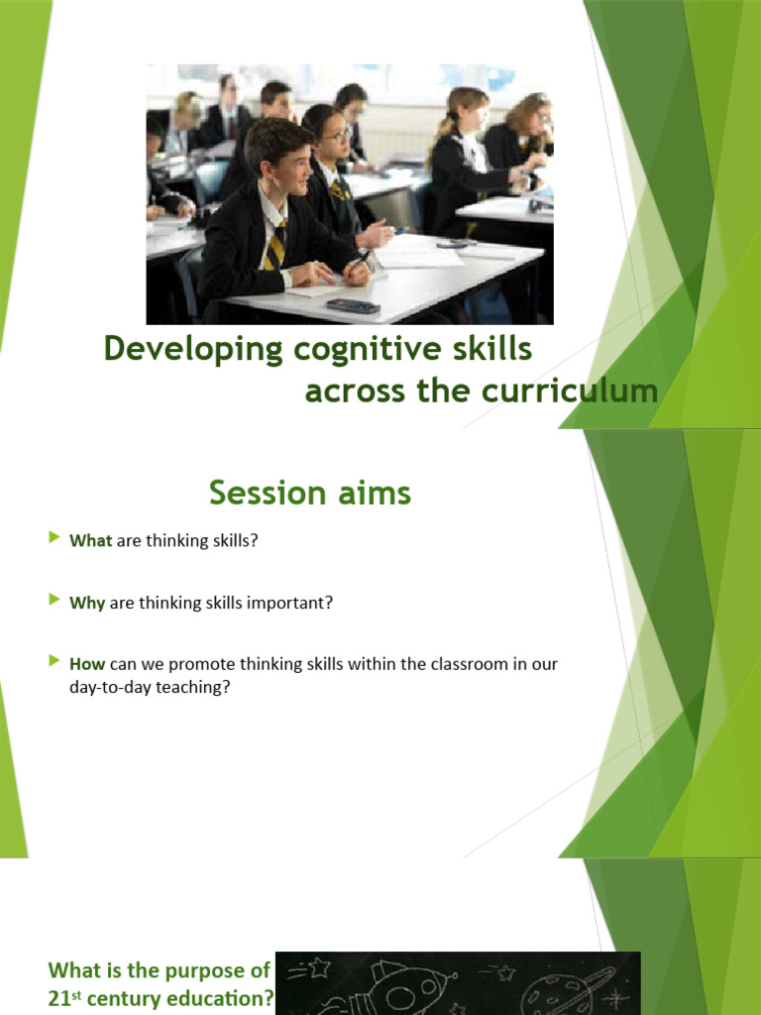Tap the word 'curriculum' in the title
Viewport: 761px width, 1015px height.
pos(570,391)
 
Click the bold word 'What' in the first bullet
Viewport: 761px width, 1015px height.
pos(90,541)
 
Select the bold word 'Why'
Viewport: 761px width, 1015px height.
pos(87,603)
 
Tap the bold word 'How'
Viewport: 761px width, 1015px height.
pos(87,663)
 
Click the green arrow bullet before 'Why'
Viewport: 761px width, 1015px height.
pos(54,601)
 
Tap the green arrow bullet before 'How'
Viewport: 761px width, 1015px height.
pos(54,661)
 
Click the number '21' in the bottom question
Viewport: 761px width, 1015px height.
pos(58,999)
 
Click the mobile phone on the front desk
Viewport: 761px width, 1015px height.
pos(354,305)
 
